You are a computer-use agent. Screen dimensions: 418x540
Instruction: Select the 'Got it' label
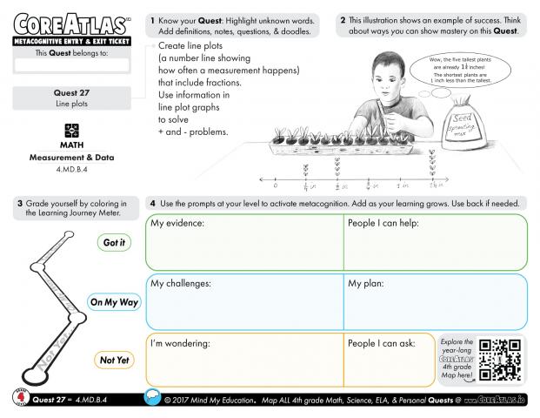[x=114, y=243]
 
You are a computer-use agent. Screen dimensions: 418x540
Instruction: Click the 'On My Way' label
[x=114, y=302]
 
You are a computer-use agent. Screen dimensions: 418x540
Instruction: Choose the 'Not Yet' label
[x=114, y=360]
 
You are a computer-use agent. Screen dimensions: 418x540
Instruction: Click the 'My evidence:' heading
[x=177, y=225]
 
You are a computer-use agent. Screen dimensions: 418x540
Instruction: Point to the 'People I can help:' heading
[x=383, y=225]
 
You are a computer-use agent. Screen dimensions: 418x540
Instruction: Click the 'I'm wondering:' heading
[x=181, y=343]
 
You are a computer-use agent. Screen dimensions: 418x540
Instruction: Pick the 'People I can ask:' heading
[x=382, y=343]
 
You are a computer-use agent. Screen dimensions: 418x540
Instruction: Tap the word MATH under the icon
[x=72, y=145]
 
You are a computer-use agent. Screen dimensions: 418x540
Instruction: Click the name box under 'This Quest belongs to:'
[x=72, y=65]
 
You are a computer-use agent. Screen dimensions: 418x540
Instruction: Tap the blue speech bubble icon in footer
[x=151, y=399]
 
